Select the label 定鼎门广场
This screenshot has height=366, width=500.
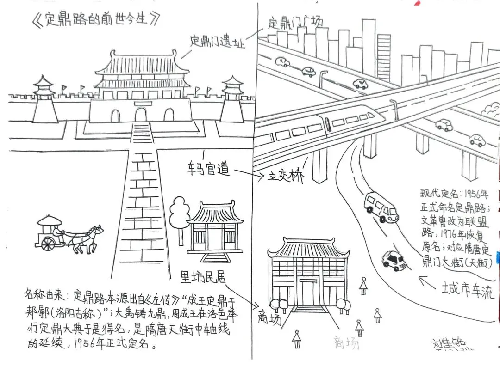tap(296, 22)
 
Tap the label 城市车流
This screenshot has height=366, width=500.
tap(468, 291)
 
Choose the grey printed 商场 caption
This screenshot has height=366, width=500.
tap(346, 343)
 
